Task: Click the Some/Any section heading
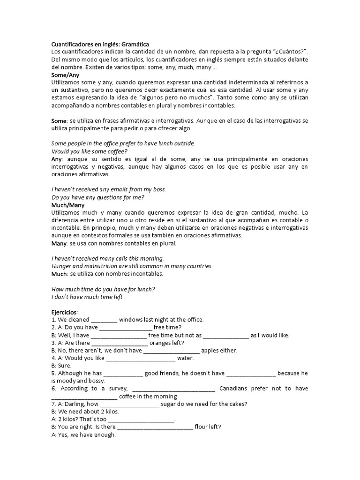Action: (x=65, y=75)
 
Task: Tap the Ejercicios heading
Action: (x=64, y=312)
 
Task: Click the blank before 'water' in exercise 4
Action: (x=141, y=358)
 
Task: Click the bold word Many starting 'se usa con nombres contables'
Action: (x=59, y=243)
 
